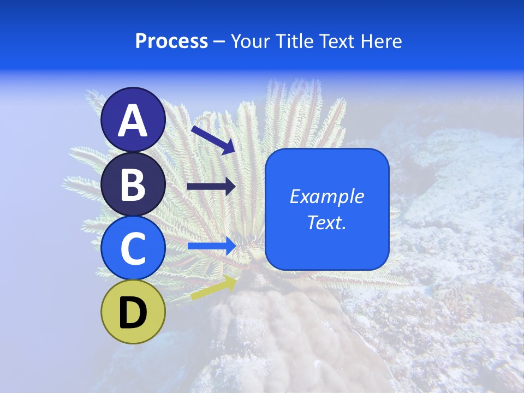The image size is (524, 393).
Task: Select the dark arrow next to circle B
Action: (x=211, y=187)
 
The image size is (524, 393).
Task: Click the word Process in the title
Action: (x=171, y=41)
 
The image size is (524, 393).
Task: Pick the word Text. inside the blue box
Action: (x=326, y=222)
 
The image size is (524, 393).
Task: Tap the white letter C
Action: (x=133, y=249)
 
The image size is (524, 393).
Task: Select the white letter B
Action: (x=133, y=184)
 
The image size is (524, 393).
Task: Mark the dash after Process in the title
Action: (x=219, y=42)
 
